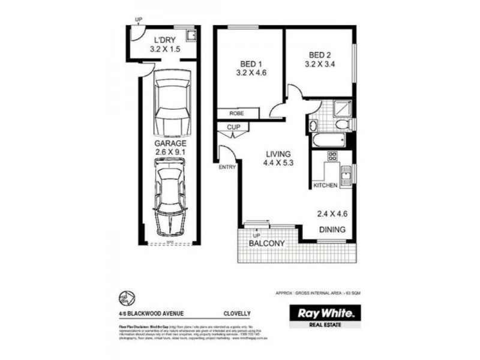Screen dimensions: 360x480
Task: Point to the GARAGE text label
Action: click(171, 144)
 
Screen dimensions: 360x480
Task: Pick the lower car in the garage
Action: click(171, 196)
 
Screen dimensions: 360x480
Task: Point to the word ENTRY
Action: click(227, 167)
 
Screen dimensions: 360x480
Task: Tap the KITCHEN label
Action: click(325, 185)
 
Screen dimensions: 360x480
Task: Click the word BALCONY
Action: click(266, 244)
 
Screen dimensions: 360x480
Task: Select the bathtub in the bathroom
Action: click(327, 140)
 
